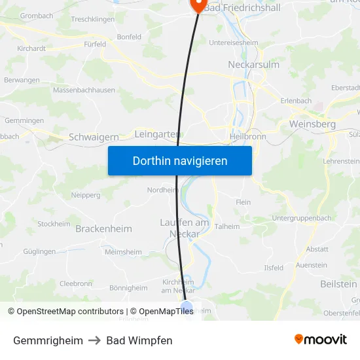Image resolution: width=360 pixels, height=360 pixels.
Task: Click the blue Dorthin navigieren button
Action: (180, 160)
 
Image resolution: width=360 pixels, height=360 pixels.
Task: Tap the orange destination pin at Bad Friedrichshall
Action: (198, 5)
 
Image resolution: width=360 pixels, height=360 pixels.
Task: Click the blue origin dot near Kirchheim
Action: (187, 306)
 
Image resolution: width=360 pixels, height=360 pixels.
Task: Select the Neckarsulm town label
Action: (253, 64)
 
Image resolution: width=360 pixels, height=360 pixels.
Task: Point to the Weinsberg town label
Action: (312, 124)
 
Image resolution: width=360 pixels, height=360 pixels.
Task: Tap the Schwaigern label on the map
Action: (94, 137)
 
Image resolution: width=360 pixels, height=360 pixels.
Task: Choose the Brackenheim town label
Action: (103, 229)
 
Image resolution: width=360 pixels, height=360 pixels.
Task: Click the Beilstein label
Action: (339, 284)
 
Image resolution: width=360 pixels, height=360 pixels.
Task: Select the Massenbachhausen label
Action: (84, 90)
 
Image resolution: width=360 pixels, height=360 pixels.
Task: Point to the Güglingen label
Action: (39, 251)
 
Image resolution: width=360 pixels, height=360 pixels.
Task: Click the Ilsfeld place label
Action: (274, 268)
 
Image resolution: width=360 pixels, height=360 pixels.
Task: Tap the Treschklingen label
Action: (92, 20)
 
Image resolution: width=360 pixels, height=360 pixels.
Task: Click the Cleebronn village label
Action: (76, 283)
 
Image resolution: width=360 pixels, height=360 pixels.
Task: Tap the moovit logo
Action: (321, 339)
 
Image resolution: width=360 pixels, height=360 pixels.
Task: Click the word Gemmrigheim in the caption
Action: (48, 340)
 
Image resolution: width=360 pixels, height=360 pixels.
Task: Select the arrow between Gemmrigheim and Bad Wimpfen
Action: (95, 340)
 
